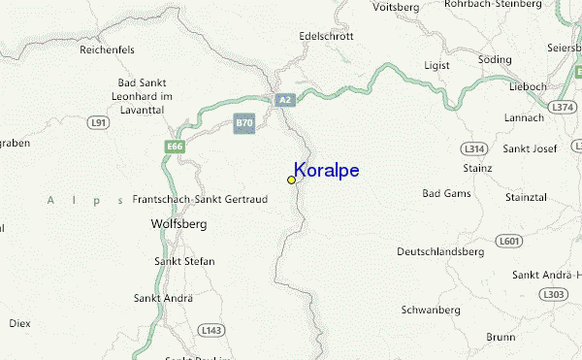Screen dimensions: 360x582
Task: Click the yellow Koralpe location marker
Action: point(291,180)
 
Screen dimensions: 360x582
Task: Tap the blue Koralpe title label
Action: point(327,171)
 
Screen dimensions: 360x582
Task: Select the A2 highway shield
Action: point(284,99)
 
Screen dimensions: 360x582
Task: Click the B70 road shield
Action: point(244,123)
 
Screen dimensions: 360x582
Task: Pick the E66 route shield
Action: point(175,147)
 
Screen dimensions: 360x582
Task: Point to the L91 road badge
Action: point(97,123)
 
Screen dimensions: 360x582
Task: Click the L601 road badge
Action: point(508,240)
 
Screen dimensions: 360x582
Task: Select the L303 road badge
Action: point(553,294)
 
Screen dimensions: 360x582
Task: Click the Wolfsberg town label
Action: point(179,223)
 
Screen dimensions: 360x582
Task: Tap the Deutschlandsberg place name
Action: point(440,251)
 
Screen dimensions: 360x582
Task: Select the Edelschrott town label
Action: point(327,36)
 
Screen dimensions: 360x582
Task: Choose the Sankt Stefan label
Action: point(184,261)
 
